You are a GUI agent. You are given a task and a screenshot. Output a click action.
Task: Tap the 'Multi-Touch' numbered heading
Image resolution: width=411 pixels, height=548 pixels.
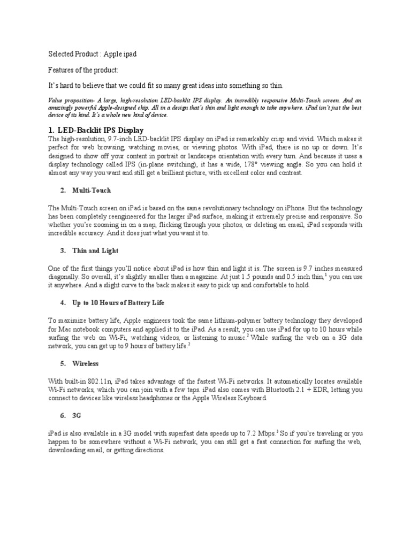tap(92, 190)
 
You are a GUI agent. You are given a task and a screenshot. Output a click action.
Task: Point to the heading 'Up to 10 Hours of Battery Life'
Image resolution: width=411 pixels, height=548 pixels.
tap(119, 303)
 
